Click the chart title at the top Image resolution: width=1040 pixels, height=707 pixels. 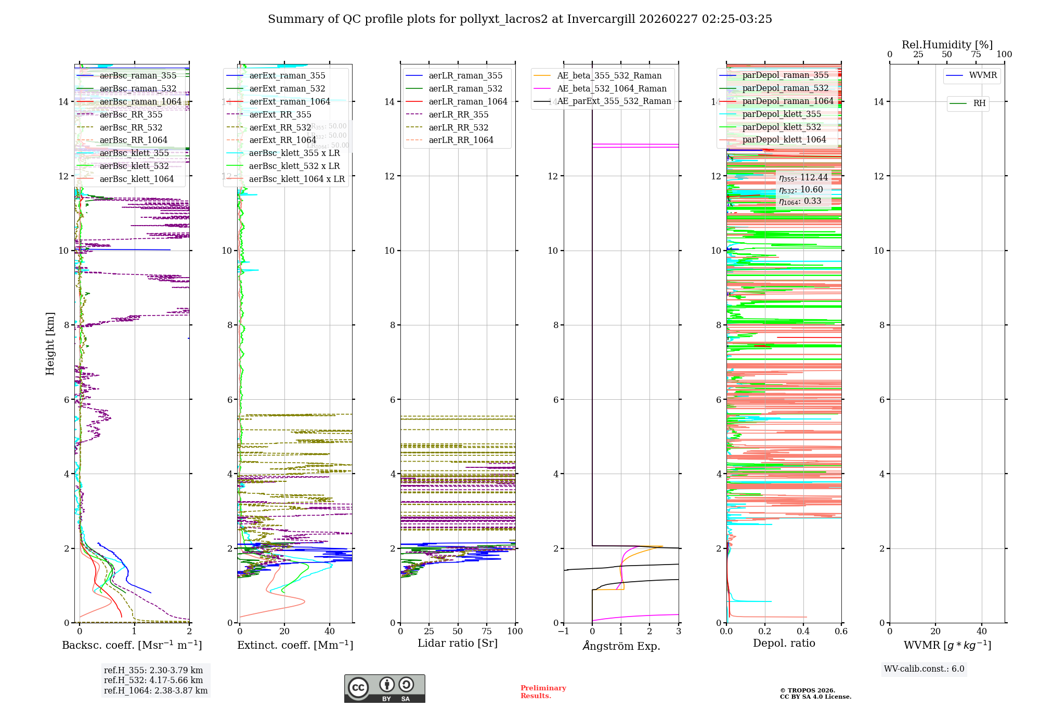519,19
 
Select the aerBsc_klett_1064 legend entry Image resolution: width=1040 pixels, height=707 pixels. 136,179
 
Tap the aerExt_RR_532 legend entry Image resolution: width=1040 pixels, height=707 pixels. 280,127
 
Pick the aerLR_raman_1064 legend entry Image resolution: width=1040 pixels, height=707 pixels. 467,101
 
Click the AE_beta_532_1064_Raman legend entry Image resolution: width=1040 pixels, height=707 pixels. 612,88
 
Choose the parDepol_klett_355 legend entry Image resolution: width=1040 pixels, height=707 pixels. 781,114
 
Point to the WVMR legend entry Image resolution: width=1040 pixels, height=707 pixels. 982,75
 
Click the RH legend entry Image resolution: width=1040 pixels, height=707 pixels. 979,103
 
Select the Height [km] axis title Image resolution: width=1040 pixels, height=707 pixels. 50,344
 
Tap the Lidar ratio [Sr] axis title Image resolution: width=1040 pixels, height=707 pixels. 458,644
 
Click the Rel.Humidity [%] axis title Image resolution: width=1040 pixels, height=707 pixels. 947,45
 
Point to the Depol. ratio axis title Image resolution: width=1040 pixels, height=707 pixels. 784,644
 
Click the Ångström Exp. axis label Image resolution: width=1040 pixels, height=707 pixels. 621,646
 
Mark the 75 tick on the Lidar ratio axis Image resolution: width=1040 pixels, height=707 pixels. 487,632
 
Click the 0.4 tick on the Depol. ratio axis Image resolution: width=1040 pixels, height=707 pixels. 803,632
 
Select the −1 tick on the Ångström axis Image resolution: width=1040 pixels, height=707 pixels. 563,632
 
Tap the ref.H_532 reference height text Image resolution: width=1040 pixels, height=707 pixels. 153,680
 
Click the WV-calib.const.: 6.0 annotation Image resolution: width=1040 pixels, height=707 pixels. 924,669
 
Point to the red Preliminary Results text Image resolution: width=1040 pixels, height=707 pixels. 543,692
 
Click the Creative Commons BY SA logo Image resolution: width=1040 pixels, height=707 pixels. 384,689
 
